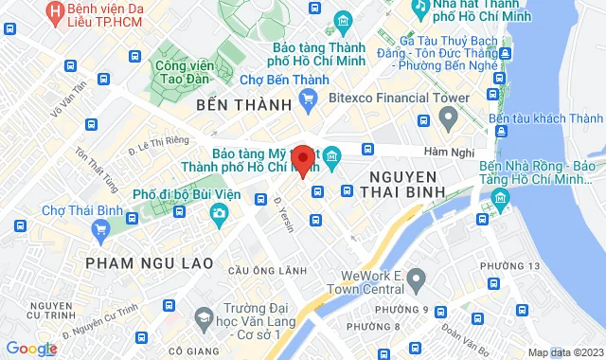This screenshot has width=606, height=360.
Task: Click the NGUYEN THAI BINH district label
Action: click(402, 187)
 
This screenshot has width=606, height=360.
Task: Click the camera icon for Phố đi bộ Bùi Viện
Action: click(220, 212)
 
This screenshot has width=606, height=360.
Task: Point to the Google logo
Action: click(31, 349)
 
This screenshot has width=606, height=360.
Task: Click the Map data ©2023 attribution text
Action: click(564, 352)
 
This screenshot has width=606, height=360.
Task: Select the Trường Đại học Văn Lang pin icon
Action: click(198, 313)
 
